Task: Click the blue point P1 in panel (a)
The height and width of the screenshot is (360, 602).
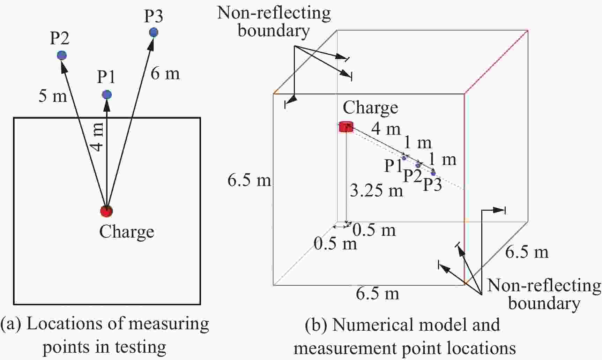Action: coord(107,95)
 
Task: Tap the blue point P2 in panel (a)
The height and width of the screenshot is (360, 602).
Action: coord(62,55)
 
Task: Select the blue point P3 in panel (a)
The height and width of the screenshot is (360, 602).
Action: coord(154,32)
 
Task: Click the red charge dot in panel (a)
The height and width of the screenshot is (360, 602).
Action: coord(106,211)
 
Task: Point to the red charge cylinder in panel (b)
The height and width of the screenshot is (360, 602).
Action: coord(346,127)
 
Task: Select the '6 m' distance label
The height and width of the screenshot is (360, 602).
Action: coord(165,73)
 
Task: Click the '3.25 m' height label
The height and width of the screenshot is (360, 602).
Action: coord(376,190)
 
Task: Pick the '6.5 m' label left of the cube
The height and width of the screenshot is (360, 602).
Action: coord(249,180)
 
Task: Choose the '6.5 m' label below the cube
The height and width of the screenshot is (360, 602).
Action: coord(377,293)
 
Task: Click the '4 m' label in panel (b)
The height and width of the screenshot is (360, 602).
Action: coord(386,129)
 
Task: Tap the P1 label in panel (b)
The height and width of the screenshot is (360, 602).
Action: coord(393,166)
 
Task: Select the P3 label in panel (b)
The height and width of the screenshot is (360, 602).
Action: coord(432,184)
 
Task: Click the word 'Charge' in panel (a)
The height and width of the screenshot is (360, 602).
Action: coord(127,232)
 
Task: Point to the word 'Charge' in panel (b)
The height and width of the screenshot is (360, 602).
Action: coord(370,107)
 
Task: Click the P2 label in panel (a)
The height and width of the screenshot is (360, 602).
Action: coord(60,38)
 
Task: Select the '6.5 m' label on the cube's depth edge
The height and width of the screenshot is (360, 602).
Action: coord(527,252)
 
